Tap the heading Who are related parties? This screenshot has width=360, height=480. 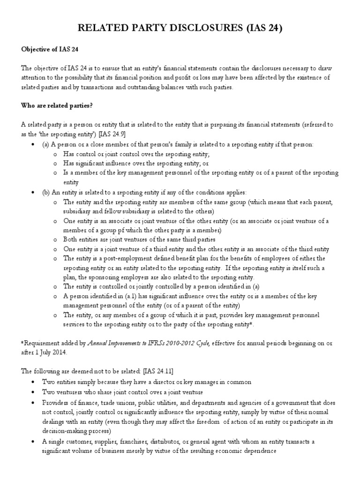[x=57, y=105]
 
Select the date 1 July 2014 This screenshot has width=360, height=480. [x=52, y=352]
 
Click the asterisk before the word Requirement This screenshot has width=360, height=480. [x=23, y=343]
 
